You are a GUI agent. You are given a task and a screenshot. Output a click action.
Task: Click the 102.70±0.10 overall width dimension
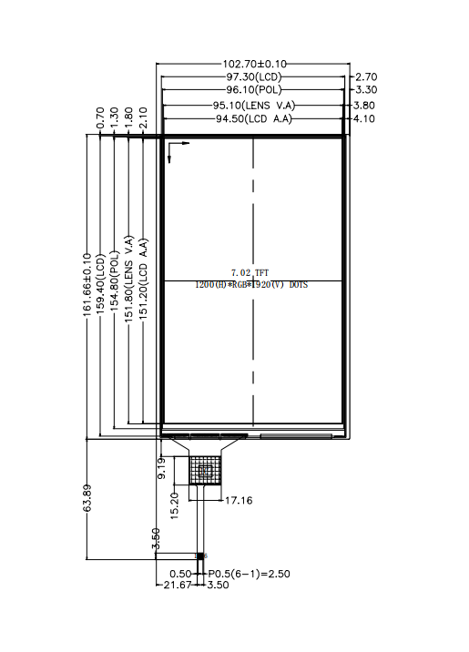(x=255, y=64)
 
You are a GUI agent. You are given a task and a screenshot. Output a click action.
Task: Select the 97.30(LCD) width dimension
(x=255, y=77)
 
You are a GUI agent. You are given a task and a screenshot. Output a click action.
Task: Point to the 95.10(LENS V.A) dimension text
(x=254, y=106)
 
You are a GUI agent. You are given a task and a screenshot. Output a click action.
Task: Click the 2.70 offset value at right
(x=366, y=77)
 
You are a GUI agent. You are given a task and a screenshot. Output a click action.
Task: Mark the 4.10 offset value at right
(x=366, y=119)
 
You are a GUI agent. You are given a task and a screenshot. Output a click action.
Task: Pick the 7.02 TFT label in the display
(x=250, y=272)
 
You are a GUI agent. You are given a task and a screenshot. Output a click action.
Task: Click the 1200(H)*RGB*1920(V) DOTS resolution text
(x=251, y=285)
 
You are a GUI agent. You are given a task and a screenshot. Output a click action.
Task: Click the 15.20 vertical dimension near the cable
(x=175, y=503)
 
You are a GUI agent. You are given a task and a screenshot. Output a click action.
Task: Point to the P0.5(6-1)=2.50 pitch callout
(x=249, y=574)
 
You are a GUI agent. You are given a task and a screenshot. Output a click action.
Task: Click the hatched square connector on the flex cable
(x=205, y=470)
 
